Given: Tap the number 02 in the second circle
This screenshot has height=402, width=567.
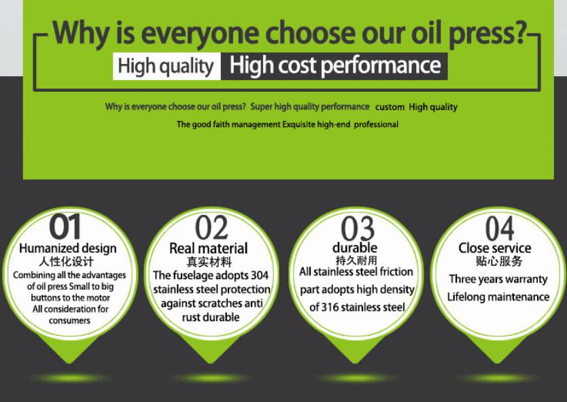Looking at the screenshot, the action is click(211, 227).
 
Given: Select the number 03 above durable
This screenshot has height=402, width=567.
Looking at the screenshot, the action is click(358, 229).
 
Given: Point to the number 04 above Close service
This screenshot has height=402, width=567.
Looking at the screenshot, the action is click(500, 228).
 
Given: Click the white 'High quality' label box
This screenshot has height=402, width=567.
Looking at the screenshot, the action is click(167, 66).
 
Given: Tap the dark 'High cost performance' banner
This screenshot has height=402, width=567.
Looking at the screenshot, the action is click(334, 66).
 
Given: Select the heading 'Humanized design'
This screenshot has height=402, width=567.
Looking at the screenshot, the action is click(68, 248).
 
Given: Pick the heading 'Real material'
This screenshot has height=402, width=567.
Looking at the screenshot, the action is click(208, 248).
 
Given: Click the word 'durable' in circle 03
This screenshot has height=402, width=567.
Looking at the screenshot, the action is click(355, 248).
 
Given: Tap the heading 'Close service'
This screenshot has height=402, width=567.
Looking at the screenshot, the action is click(495, 248).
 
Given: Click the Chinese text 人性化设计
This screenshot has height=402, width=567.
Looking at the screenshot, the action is click(66, 261).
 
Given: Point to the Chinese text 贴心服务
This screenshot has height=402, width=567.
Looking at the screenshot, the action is click(499, 261).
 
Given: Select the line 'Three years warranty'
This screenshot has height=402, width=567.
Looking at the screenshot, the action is click(498, 280).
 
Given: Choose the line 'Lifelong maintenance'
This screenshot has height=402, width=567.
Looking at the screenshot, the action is click(498, 297).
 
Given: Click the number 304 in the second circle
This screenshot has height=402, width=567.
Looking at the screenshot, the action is click(260, 275).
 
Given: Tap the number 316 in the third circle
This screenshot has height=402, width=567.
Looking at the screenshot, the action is click(330, 307).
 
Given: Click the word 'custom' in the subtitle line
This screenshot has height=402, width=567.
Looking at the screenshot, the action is click(390, 107).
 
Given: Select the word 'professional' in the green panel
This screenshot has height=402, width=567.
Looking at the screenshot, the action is click(376, 124).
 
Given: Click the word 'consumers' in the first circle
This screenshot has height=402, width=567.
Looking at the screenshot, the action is click(69, 320).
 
